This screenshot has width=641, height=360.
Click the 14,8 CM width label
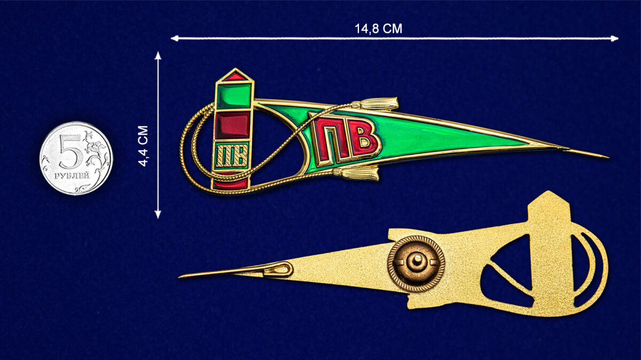point(378,29)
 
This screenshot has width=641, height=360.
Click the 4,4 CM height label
point(143,146)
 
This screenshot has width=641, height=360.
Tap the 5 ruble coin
point(76,158)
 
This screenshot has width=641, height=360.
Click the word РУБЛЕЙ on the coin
point(72,176)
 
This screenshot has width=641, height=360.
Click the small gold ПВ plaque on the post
point(231,156)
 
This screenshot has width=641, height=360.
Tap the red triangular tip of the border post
point(234,76)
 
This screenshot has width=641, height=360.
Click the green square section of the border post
point(234,96)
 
